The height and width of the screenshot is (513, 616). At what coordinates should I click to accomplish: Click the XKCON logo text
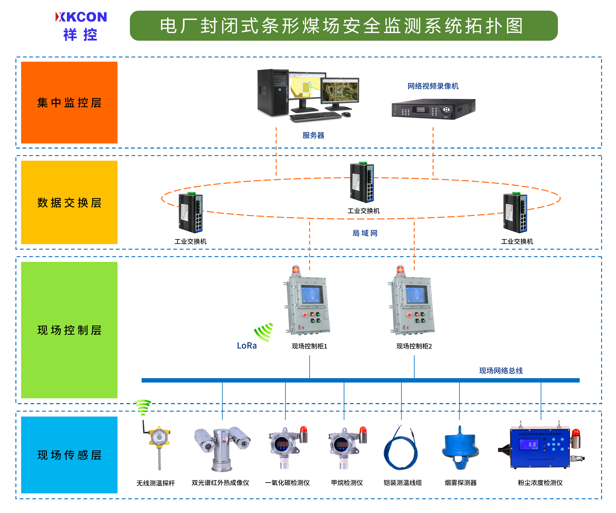point(81,17)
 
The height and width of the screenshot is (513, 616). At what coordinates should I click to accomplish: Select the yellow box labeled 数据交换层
point(69,202)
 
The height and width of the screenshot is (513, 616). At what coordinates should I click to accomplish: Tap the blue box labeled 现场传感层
point(69,455)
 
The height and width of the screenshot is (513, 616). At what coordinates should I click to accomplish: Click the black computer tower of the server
point(273,92)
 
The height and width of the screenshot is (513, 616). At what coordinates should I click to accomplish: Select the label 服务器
point(313,135)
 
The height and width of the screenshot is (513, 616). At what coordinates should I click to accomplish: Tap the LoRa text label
point(247,345)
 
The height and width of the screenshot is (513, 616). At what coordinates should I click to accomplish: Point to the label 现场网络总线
point(501,370)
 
